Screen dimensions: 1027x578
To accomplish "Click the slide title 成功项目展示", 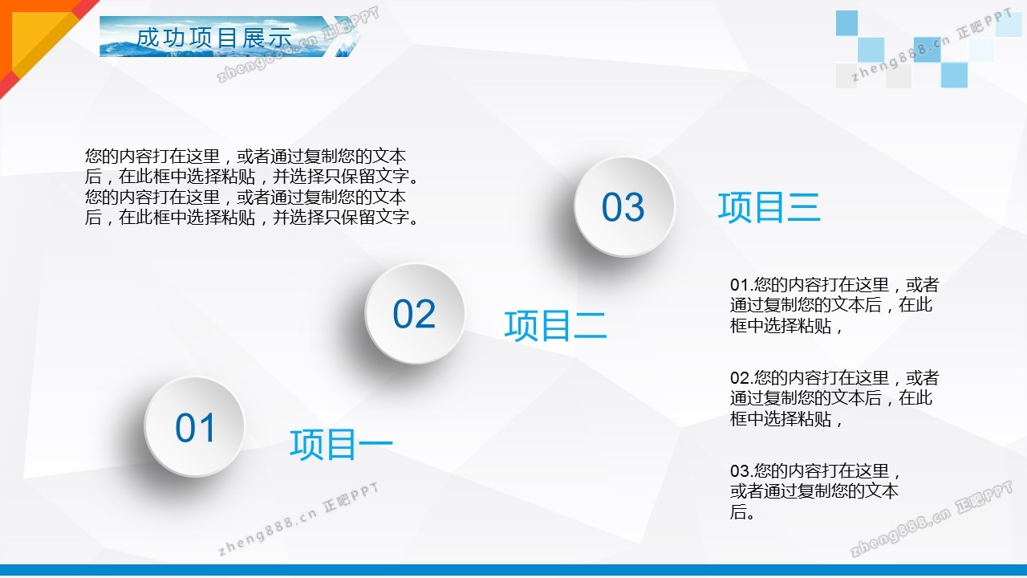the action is point(214,37).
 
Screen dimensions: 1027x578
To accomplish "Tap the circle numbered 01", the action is point(194,426).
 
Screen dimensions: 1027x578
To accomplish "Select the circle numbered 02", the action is point(415,313).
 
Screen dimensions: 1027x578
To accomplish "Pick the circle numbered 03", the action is point(623,206).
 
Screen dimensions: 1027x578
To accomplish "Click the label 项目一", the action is point(341,444).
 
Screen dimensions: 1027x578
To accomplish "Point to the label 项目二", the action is point(555,325).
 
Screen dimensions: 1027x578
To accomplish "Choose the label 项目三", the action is point(769,207).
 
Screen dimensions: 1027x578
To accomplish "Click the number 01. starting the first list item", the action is point(742,285).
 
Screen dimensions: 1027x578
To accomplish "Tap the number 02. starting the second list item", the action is point(742,378).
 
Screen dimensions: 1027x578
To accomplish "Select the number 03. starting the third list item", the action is point(742,471).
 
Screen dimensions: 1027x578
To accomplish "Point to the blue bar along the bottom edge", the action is point(513,570).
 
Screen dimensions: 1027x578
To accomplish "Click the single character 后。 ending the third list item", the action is point(742,512).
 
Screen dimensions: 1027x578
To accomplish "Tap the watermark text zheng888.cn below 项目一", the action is point(267,531).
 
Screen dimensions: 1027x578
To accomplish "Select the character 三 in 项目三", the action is point(804,207).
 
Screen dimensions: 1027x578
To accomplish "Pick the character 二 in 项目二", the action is point(591,325).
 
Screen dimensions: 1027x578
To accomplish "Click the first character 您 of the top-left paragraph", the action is point(93,157).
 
